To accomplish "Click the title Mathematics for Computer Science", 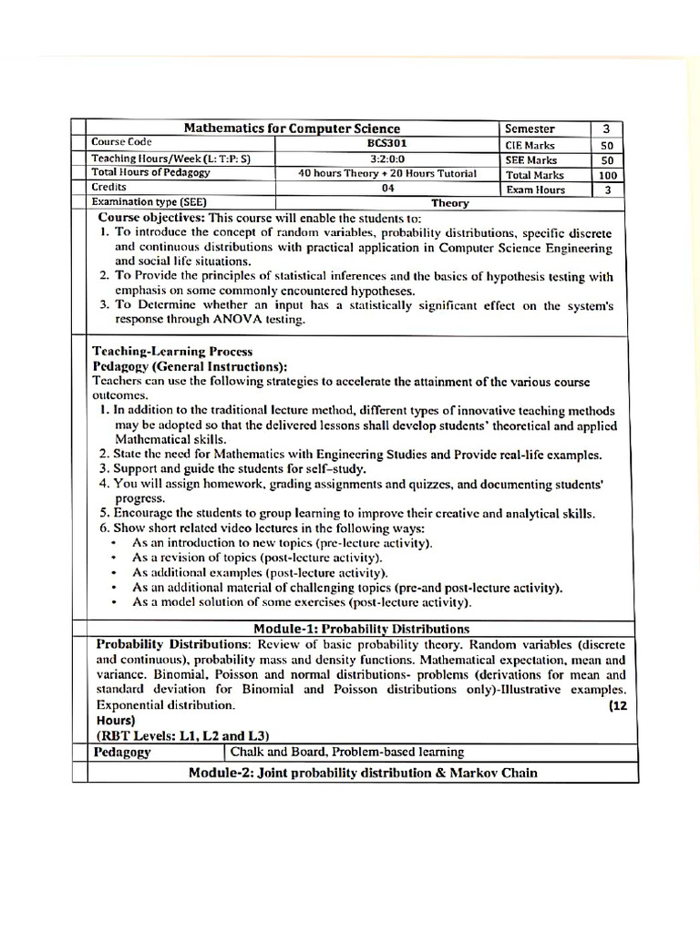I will point(293,128).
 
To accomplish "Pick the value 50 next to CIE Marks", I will point(607,145).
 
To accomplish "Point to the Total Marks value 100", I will point(607,175).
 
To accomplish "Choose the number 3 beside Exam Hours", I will point(607,190).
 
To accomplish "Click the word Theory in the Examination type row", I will point(451,203).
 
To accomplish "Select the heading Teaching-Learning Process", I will point(172,351).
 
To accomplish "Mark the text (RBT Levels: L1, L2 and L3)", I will point(182,735).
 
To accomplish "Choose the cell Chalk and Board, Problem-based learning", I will point(347,752).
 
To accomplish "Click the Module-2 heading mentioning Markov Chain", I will point(363,773).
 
